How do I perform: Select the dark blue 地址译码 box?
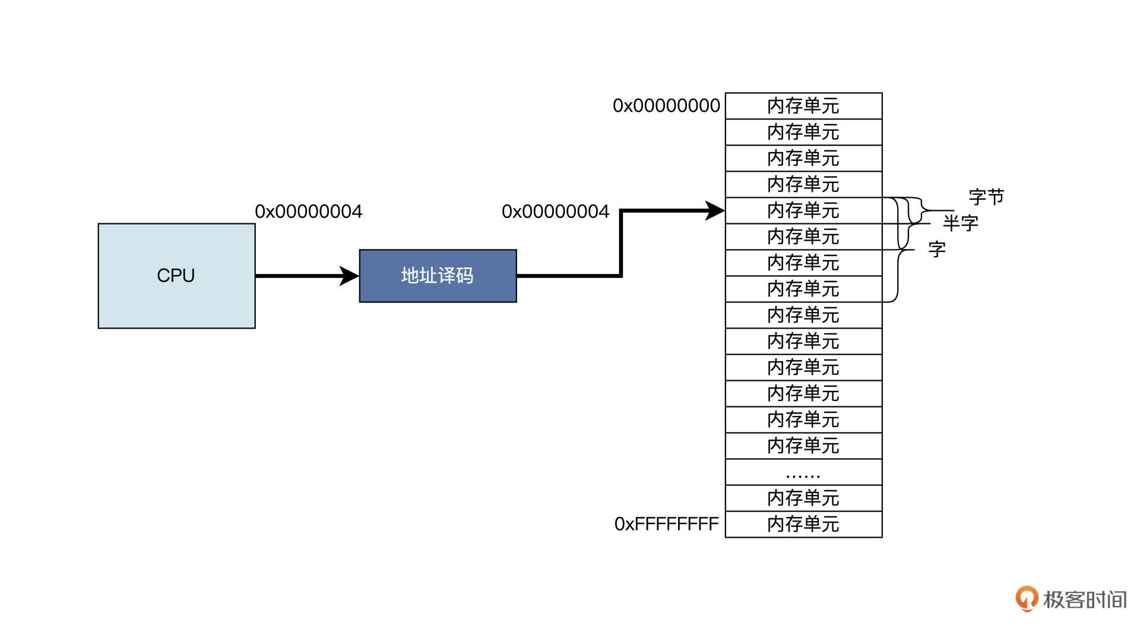438,276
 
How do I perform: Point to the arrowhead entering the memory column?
715,210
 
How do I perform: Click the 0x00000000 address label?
666,106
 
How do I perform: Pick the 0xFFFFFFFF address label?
666,524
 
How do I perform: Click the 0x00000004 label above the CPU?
308,212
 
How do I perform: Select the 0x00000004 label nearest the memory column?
555,212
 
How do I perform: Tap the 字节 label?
986,197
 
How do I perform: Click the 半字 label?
961,223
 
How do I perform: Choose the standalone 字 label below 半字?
937,250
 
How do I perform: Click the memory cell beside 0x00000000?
803,106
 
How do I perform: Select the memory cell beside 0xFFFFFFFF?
803,524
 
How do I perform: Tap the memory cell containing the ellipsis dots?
803,472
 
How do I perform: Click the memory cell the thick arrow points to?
803,210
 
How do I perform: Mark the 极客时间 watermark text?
1085,600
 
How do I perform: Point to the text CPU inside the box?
176,276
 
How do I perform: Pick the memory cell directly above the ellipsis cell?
803,446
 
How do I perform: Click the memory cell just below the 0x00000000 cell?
803,132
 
